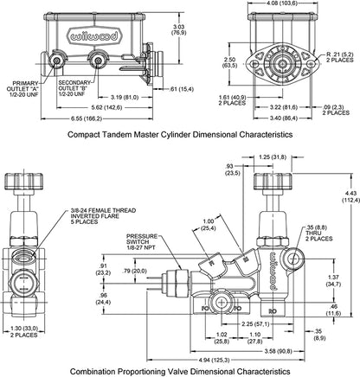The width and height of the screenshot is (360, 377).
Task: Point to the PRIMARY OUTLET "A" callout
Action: coord(25,89)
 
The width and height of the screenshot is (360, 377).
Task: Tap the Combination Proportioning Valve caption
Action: coord(179,369)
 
